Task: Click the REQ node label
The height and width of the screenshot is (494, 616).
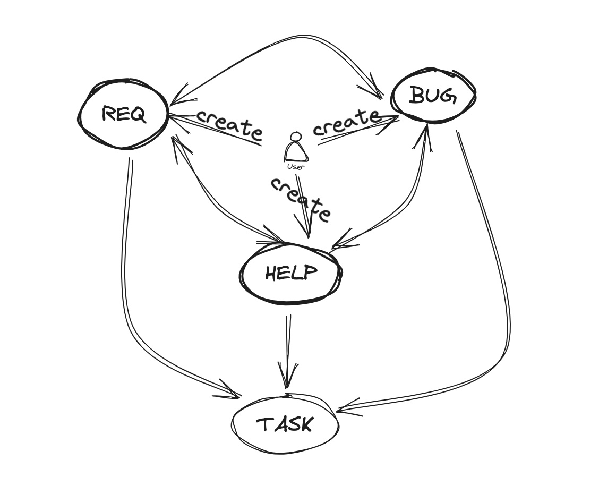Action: pyautogui.click(x=124, y=114)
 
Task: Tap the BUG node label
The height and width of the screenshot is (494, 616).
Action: pyautogui.click(x=433, y=96)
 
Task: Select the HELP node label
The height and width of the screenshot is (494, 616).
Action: pyautogui.click(x=290, y=273)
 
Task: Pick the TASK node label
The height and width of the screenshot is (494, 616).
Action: pyautogui.click(x=285, y=424)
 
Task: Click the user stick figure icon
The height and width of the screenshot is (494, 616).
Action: pyautogui.click(x=296, y=147)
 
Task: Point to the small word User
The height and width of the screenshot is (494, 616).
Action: pyautogui.click(x=296, y=167)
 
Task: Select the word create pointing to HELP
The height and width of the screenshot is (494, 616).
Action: pyautogui.click(x=301, y=199)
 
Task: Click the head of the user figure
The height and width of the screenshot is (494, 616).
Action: pyautogui.click(x=296, y=137)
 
